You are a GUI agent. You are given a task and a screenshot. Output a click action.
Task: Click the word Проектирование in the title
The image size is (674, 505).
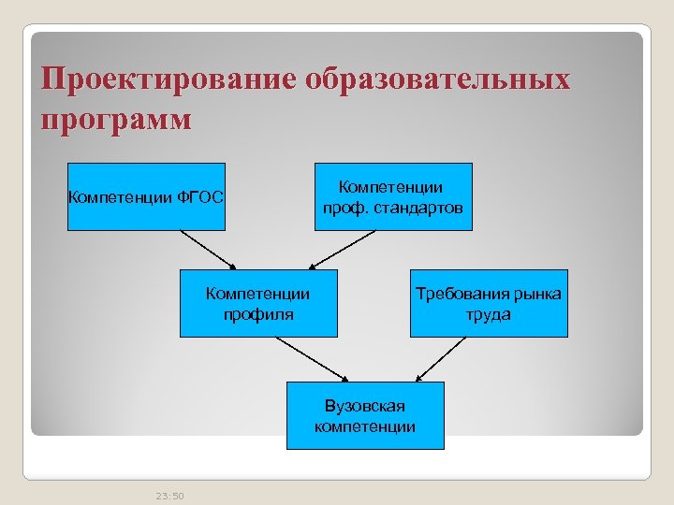coord(170,79)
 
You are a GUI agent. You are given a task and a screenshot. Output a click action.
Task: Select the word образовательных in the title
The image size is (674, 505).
coord(437,79)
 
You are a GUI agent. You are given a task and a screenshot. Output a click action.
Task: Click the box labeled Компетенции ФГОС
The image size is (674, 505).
coord(146,196)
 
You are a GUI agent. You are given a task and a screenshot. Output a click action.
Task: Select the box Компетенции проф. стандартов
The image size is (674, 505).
coord(392,196)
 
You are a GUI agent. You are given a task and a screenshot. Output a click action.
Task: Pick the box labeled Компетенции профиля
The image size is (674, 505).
coord(258,304)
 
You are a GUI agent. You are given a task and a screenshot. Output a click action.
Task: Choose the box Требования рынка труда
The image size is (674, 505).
coord(489,304)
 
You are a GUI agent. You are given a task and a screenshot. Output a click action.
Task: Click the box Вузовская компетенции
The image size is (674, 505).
coord(365,415)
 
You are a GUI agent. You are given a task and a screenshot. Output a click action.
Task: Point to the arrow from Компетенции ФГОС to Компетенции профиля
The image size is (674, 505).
coord(207,250)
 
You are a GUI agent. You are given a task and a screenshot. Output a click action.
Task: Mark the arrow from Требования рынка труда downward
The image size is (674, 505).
coord(441,359)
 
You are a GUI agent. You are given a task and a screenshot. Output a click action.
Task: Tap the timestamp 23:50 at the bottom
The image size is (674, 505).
coord(170,496)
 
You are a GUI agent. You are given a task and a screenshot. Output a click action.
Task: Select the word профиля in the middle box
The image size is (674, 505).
coord(258,314)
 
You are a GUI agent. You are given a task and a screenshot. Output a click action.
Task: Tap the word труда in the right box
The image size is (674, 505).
coord(489,314)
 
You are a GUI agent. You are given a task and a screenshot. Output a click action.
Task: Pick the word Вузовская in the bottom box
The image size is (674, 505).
coord(365,406)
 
